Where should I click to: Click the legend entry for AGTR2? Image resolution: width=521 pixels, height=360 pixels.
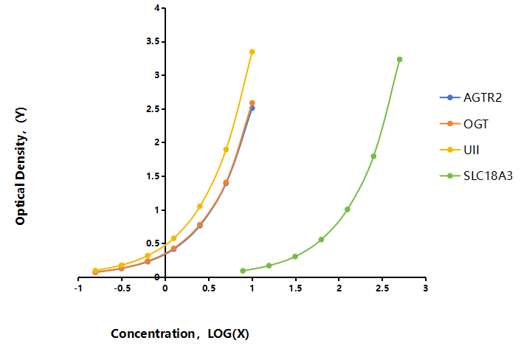point(471,97)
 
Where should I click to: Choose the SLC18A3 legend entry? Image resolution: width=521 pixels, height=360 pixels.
point(476,176)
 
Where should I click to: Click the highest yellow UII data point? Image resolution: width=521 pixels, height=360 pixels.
point(252,52)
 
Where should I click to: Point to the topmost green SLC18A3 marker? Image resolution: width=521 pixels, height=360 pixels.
point(400,60)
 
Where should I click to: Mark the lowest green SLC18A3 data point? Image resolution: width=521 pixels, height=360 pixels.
point(243,271)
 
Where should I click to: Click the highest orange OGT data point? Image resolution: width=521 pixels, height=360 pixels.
point(252,103)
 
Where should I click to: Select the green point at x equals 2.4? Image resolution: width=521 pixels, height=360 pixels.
point(373,156)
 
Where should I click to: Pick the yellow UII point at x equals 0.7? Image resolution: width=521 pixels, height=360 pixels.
point(226,150)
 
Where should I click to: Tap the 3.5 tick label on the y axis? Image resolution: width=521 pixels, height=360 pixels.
point(153,41)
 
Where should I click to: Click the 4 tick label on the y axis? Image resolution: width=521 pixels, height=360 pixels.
point(157,8)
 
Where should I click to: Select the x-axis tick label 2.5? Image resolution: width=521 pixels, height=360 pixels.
point(382,288)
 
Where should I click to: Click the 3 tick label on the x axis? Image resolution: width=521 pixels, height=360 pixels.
point(426,288)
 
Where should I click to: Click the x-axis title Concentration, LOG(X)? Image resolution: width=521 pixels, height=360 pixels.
point(180,333)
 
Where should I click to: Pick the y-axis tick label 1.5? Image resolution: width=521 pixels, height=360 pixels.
point(153,176)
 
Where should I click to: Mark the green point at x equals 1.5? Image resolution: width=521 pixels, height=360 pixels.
point(295,257)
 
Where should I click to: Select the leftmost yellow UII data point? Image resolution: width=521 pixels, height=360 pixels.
point(95,271)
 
